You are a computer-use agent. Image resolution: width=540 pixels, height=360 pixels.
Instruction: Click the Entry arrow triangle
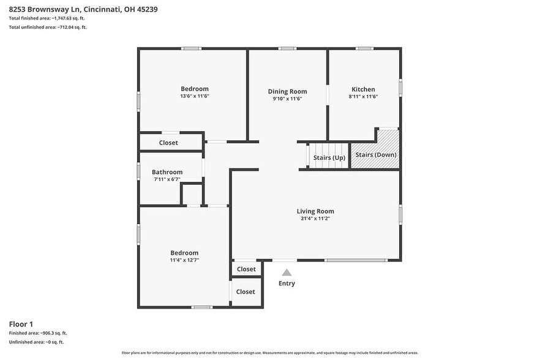(x=287, y=272)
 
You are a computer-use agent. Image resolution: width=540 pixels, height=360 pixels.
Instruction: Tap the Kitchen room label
(x=363, y=89)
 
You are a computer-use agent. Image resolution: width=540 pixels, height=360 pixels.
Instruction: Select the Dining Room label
(x=287, y=91)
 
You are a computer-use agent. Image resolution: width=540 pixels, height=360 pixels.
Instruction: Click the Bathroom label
(x=167, y=172)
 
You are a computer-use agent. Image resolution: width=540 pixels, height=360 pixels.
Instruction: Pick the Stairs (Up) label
(x=329, y=157)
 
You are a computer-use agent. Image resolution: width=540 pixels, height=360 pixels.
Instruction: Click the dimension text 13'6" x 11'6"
(x=195, y=96)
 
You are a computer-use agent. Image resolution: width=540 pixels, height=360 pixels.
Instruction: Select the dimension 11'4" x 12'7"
(x=184, y=260)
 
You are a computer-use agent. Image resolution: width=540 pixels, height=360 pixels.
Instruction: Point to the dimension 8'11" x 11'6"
(x=363, y=96)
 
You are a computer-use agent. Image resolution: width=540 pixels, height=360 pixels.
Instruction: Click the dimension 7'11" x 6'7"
(x=167, y=179)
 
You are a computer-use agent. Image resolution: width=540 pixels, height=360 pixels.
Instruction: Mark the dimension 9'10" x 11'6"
(x=287, y=98)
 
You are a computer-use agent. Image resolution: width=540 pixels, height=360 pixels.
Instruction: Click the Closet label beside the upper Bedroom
(x=168, y=143)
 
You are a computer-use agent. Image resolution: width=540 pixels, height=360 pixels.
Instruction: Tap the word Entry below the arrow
(x=287, y=283)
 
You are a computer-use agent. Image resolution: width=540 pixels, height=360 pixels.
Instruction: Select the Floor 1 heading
(x=21, y=323)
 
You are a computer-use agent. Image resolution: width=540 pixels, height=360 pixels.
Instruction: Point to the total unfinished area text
(x=48, y=28)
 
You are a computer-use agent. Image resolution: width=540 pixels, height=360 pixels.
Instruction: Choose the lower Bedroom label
(x=184, y=253)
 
